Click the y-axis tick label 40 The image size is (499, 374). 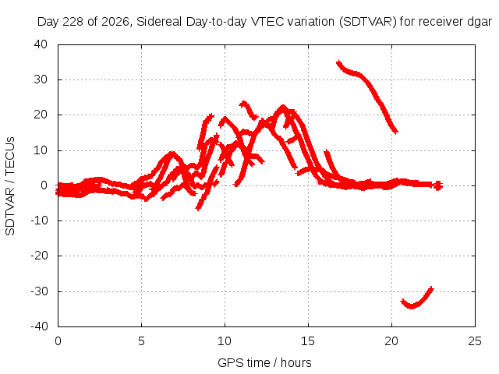tap(41, 44)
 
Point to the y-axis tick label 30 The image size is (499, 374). tap(41, 79)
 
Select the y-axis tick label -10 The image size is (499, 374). tap(39, 221)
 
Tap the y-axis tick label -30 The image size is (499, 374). tap(39, 291)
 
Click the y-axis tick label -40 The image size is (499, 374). tap(39, 326)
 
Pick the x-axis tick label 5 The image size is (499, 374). tap(141, 341)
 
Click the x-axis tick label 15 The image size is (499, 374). tap(308, 341)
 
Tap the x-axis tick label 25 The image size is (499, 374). tap(475, 341)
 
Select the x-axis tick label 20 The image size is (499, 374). tap(391, 341)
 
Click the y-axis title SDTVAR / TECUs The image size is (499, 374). tap(10, 186)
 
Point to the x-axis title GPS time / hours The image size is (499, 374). tap(264, 362)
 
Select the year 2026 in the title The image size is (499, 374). tap(115, 22)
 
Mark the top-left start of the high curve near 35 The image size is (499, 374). tap(339, 62)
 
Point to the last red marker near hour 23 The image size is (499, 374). tap(438, 185)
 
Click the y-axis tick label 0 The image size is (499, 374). tap(44, 185)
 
